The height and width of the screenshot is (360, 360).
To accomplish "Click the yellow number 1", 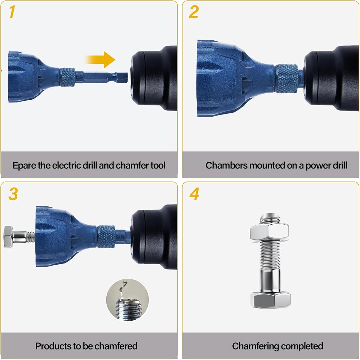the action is point(12,12).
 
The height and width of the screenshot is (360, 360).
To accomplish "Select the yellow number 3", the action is point(13,194).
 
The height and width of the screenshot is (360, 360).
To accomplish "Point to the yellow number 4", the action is point(194,194).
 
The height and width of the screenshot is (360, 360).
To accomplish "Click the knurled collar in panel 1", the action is point(67,77).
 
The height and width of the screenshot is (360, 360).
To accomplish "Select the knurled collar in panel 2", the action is point(286,78).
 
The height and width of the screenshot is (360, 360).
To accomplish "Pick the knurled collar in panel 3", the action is point(106,237).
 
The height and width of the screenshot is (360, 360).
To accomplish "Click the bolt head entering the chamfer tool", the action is point(9,237).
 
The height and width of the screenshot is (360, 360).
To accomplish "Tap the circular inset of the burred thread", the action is point(128,300).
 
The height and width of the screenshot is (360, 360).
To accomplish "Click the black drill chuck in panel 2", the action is point(332,78).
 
